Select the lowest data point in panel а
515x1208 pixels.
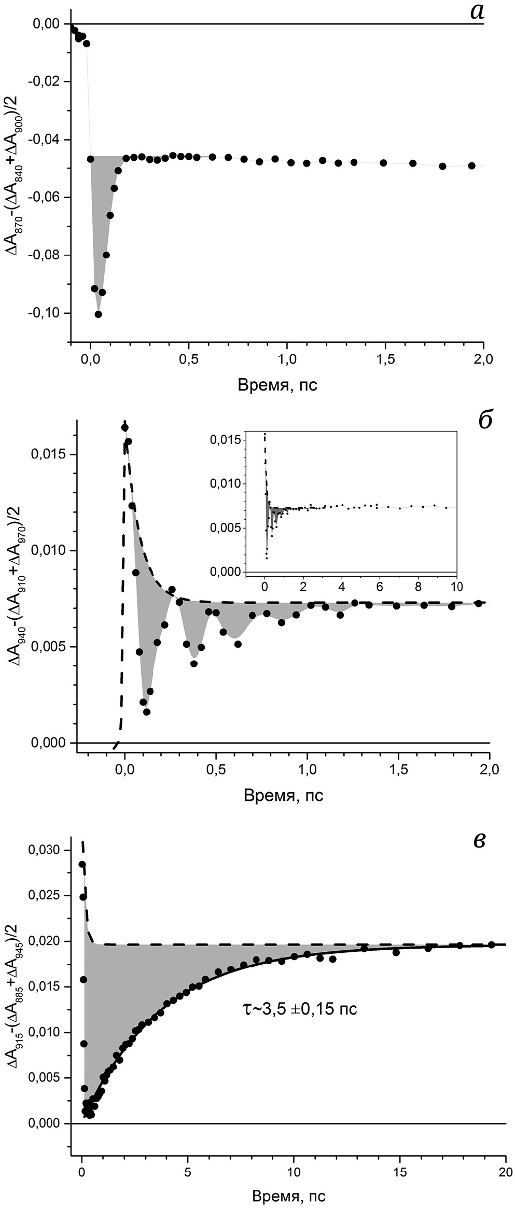coord(98,314)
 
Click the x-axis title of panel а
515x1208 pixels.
coord(277,385)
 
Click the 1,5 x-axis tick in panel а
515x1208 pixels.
coord(385,358)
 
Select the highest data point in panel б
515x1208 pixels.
coord(125,427)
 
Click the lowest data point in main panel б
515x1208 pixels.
coord(147,712)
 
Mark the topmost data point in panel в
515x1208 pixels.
coord(82,864)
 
